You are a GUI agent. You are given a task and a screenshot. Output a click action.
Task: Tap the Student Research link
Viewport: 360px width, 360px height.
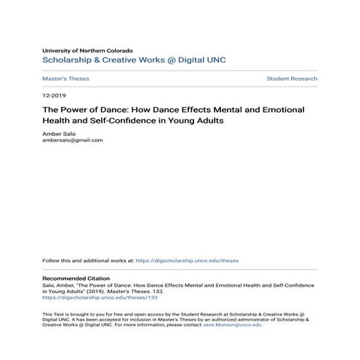[292, 78]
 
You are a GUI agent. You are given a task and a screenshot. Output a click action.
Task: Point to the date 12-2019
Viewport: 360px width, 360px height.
[53, 96]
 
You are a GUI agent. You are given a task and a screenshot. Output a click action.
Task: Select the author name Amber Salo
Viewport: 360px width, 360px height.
[58, 135]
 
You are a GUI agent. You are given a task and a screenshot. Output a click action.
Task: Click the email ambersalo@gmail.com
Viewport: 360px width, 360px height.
[73, 140]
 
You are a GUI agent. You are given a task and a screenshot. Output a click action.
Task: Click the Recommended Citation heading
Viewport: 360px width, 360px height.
[76, 279]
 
